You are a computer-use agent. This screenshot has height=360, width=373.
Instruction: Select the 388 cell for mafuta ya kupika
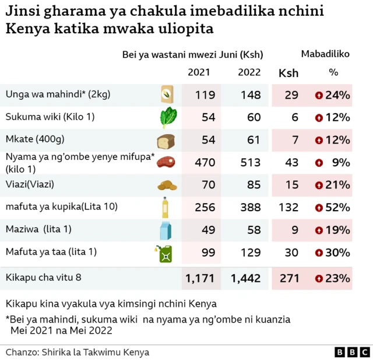pyautogui.click(x=249, y=208)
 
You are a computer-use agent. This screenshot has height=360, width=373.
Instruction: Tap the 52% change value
pyautogui.click(x=337, y=208)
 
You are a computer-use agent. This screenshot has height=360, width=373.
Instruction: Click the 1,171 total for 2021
pyautogui.click(x=200, y=279)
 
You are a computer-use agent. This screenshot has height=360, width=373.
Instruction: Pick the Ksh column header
pyautogui.click(x=288, y=73)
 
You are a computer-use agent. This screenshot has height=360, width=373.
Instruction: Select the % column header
pyautogui.click(x=333, y=73)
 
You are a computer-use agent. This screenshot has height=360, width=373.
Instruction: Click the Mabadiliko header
pyautogui.click(x=325, y=54)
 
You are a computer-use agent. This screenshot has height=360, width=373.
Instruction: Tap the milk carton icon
pyautogui.click(x=166, y=230)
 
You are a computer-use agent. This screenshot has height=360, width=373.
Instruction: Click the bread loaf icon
pyautogui.click(x=166, y=141)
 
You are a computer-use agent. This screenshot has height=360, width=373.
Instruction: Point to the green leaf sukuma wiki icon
pyautogui.click(x=166, y=118)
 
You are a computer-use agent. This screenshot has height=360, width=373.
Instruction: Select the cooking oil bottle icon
pyautogui.click(x=166, y=207)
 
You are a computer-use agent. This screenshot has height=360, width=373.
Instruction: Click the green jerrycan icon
pyautogui.click(x=164, y=253)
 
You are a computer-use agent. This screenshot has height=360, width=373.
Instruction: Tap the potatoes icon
pyautogui.click(x=166, y=186)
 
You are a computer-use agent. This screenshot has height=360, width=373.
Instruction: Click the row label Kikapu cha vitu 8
pyautogui.click(x=43, y=278)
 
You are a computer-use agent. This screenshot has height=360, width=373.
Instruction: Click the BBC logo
pyautogui.click(x=352, y=352)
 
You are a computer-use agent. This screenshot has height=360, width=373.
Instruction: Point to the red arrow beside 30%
pyautogui.click(x=318, y=253)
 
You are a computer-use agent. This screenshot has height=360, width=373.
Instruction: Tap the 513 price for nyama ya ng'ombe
pyautogui.click(x=249, y=163)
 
